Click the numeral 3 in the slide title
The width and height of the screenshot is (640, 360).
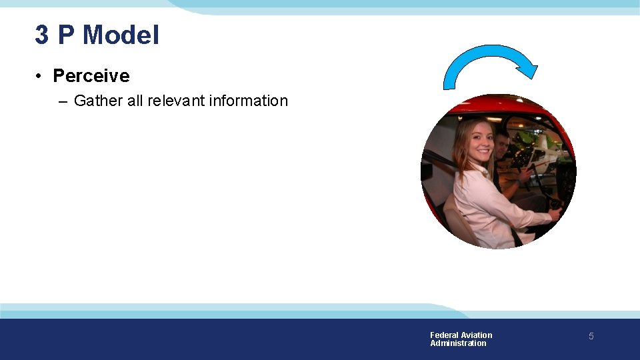[x=42, y=35]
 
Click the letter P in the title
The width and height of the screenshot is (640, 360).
[x=65, y=35]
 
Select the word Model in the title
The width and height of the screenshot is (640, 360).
[x=121, y=35]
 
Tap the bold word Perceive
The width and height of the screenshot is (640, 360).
[x=91, y=76]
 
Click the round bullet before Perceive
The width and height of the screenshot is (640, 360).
[x=41, y=76]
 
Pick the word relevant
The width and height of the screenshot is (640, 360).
[x=176, y=101]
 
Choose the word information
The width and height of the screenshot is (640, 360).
[x=248, y=101]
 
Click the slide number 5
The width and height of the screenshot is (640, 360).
[x=591, y=337]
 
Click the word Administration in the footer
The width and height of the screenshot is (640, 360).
[x=458, y=343]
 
